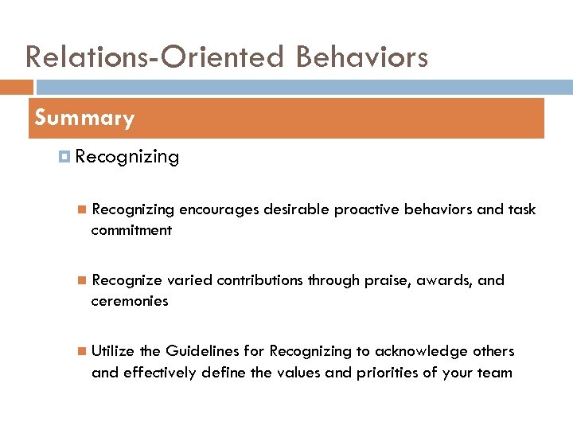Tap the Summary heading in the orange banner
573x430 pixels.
click(84, 119)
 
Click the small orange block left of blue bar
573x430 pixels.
click(17, 87)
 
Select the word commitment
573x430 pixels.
click(131, 230)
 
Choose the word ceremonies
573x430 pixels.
click(130, 301)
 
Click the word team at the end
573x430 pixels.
click(495, 372)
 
